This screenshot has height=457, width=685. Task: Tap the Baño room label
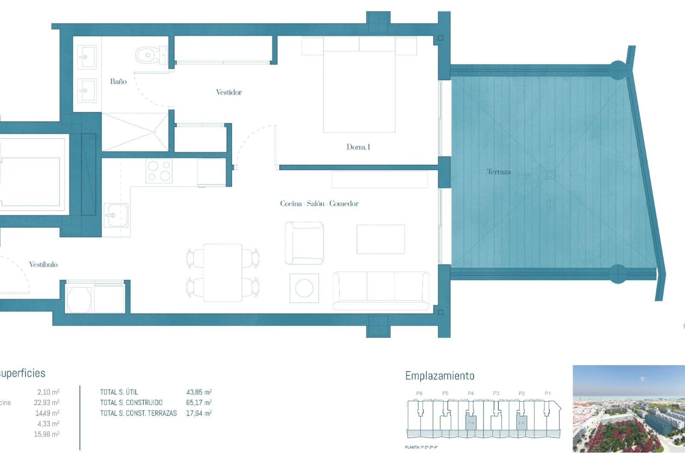tap(118, 81)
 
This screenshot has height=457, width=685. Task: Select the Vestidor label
tap(229, 92)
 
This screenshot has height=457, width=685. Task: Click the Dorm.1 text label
tap(358, 147)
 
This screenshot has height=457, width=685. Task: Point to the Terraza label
tap(498, 172)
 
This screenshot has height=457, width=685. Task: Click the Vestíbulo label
tap(43, 264)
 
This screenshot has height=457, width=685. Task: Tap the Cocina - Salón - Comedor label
tap(319, 204)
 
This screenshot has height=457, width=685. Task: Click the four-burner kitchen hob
tap(159, 171)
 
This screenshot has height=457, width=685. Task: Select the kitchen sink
tap(116, 215)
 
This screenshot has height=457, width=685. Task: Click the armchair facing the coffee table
tap(304, 243)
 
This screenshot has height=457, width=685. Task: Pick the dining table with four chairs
tap(223, 273)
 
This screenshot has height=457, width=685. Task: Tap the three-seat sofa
tap(381, 290)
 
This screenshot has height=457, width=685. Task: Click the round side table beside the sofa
tap(304, 288)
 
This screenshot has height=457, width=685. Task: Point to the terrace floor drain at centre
tap(550, 175)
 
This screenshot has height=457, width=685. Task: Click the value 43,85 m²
tap(199, 392)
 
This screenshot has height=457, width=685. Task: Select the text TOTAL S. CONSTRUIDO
tap(131, 403)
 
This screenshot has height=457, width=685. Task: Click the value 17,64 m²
tap(199, 413)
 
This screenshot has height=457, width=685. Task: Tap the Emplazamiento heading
tap(440, 376)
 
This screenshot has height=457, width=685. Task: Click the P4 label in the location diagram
tap(471, 393)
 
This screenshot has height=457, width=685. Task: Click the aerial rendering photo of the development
tap(629, 409)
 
